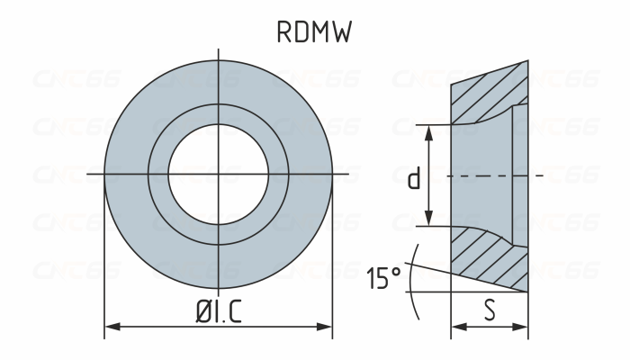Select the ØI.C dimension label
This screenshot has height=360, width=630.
(219, 311)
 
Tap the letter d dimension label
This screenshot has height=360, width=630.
(414, 179)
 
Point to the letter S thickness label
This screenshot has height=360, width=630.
(489, 310)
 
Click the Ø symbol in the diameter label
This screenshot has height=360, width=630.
(202, 311)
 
